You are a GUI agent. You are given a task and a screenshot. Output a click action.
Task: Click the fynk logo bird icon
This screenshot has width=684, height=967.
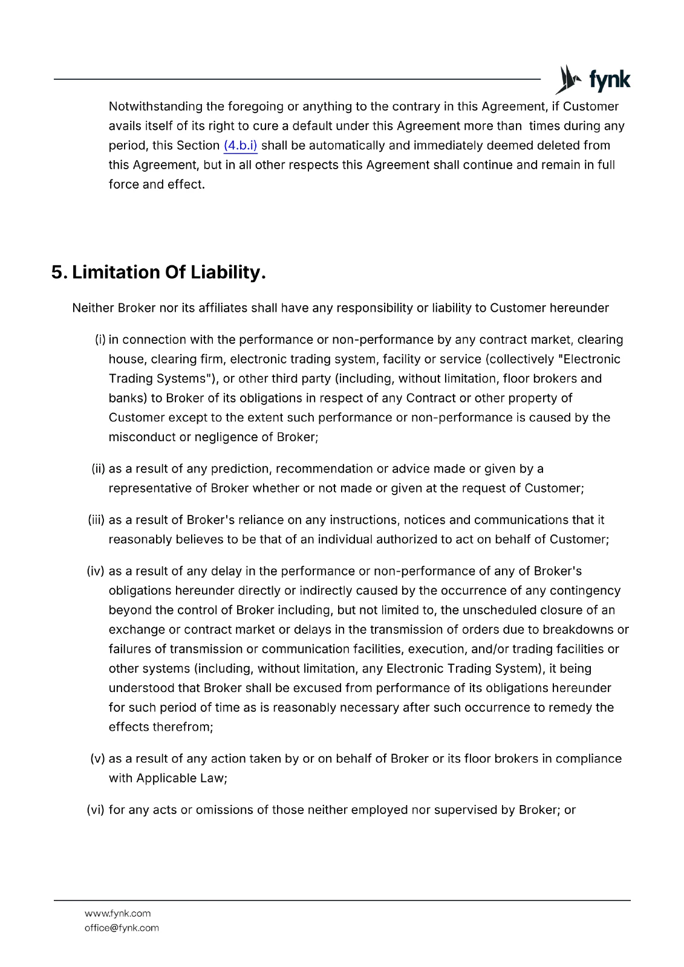pos(568,79)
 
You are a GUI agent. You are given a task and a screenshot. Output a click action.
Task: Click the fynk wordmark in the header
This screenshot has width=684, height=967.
pos(610,80)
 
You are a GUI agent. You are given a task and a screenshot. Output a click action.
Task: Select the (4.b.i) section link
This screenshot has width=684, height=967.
pos(240,146)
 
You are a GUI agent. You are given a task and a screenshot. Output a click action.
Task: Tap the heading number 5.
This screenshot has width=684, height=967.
pos(58,273)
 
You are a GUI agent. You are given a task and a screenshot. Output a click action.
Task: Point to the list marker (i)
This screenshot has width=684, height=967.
pos(100,340)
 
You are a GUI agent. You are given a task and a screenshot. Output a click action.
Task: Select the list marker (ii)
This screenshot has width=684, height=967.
pos(99,469)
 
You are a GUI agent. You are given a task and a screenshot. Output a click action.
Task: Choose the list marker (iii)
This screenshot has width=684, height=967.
pos(97,520)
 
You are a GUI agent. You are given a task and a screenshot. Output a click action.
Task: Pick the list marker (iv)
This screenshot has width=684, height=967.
pos(96,571)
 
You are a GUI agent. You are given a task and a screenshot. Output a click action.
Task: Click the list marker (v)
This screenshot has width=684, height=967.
pos(98,759)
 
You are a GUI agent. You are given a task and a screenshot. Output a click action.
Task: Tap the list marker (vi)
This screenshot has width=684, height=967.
pos(96,810)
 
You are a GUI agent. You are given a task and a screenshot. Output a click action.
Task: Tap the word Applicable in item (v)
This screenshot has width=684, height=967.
pos(164,778)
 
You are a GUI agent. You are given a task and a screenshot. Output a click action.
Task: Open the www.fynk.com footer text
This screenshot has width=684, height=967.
pos(118,914)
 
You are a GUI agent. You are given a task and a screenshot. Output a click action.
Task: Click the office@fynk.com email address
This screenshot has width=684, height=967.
pos(122,928)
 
